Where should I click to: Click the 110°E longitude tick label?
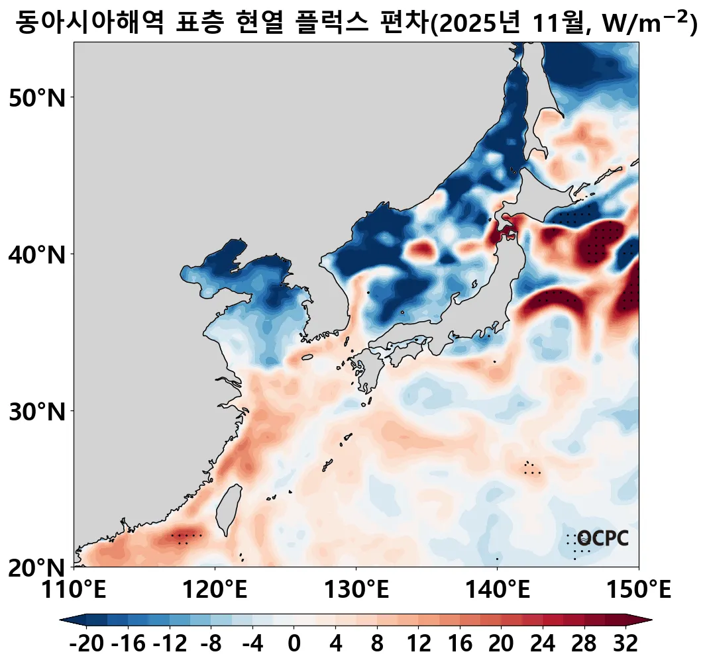click(x=74, y=589)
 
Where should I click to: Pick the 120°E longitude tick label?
click(x=215, y=589)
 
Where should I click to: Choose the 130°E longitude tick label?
click(x=356, y=589)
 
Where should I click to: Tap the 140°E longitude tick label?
click(x=497, y=589)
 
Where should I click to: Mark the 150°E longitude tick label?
click(x=638, y=589)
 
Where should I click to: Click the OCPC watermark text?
click(x=602, y=539)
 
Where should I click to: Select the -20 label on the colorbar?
click(x=87, y=643)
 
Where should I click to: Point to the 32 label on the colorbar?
click(x=625, y=643)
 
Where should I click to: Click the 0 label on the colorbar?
click(x=294, y=643)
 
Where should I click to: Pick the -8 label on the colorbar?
click(x=211, y=643)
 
